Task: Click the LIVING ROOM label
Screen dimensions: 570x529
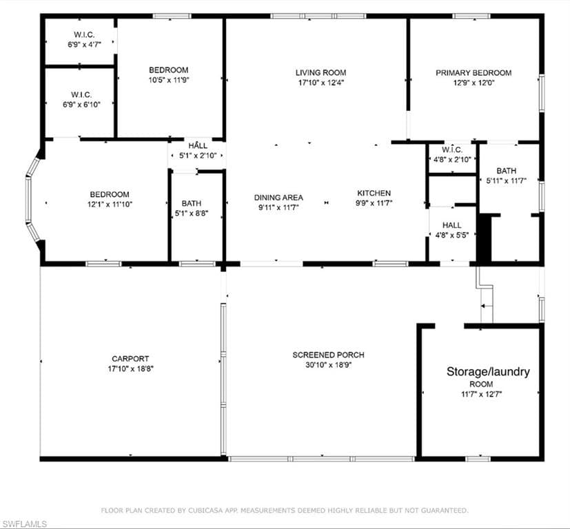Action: coord(320,72)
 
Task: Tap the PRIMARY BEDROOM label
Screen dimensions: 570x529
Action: coord(474,72)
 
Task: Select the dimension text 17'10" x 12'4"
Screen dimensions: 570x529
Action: coord(321,83)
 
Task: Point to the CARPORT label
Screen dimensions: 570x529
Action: coord(130,359)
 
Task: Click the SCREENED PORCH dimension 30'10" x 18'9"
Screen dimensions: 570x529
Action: coord(328,365)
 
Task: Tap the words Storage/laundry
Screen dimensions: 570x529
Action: coord(488,372)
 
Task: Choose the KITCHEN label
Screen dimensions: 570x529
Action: coord(374,194)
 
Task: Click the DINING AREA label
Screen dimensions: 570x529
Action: coord(278,198)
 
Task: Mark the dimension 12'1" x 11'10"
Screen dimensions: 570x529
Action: coord(110,204)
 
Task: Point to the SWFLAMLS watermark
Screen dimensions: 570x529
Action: coord(23,523)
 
